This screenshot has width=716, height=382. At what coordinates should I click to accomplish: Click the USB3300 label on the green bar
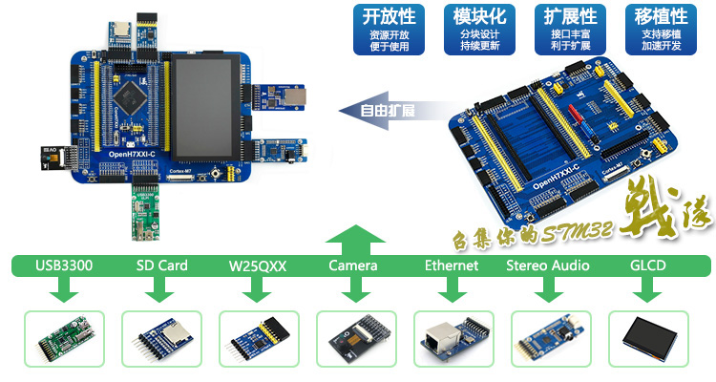(64, 265)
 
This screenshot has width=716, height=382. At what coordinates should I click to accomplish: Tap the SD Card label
(160, 265)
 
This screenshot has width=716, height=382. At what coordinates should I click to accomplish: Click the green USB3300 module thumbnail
(64, 338)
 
